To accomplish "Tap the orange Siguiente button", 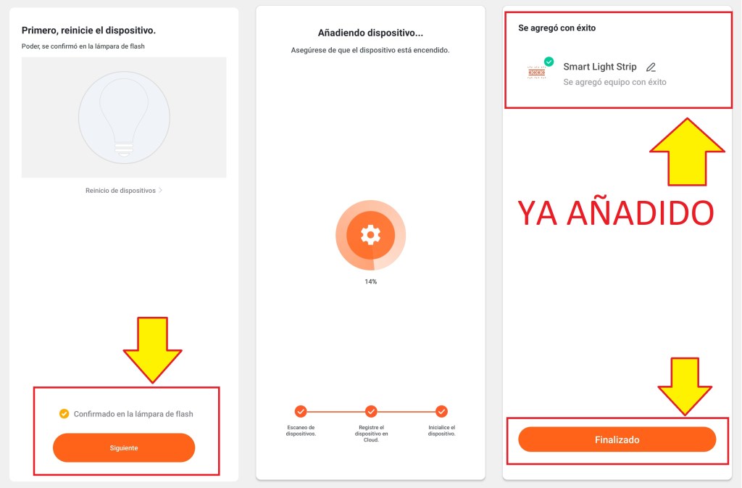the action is click(x=124, y=448).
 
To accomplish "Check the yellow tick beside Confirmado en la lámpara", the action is click(x=64, y=414).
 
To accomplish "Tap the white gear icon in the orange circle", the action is click(x=370, y=235).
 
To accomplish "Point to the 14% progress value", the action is click(x=370, y=281).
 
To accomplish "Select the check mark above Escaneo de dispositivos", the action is click(x=301, y=411).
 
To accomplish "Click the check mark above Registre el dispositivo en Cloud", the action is click(x=371, y=411).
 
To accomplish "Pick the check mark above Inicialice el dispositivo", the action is click(x=441, y=411).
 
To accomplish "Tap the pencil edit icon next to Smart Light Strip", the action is click(x=651, y=67).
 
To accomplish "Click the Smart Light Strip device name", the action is click(x=599, y=67).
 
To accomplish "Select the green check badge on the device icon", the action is click(x=549, y=62).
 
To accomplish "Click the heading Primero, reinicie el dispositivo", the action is click(x=88, y=30).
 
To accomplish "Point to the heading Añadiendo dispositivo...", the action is click(x=370, y=33).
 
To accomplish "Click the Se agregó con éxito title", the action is click(x=557, y=28).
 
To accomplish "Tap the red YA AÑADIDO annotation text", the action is click(x=616, y=213).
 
